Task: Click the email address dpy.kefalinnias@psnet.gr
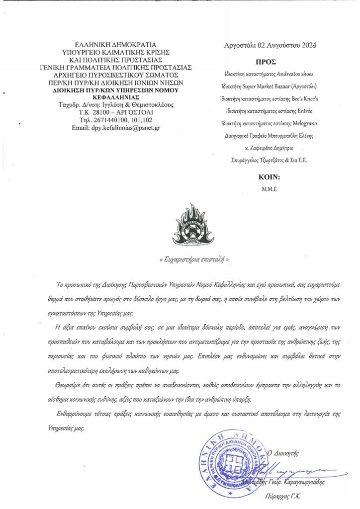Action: point(115,128)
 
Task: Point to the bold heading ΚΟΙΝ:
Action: point(270,177)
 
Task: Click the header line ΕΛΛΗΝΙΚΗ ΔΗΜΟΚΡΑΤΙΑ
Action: point(115,44)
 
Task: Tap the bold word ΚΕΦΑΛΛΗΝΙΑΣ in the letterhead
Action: point(115,97)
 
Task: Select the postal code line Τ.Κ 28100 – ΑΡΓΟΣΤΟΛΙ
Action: point(115,113)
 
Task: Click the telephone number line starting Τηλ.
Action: point(115,120)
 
